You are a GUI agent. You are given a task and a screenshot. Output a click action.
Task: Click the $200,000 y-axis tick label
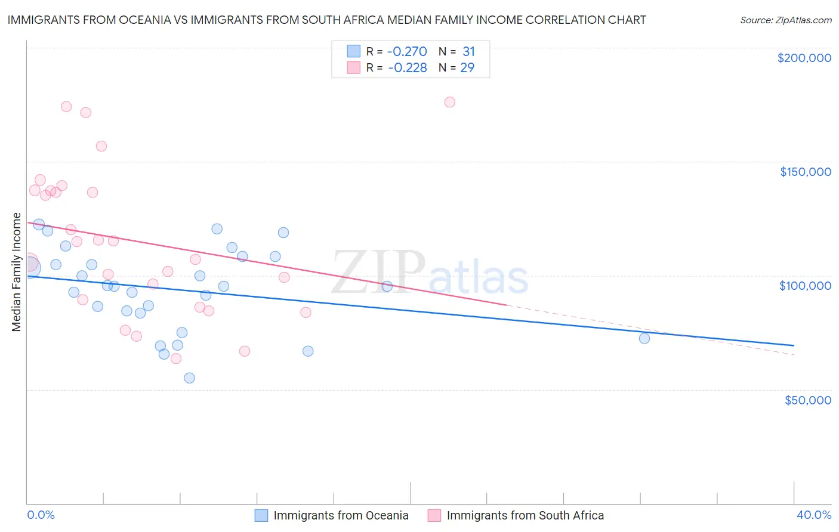click(804, 58)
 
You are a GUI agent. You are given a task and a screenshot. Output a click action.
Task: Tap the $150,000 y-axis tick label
click(805, 172)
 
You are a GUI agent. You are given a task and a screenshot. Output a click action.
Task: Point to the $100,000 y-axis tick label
click(805, 286)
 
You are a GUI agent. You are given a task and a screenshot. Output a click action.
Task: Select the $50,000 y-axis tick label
click(807, 400)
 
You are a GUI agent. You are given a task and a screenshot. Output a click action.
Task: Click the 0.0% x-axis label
click(41, 515)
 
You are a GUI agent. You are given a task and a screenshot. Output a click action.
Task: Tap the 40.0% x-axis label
click(813, 515)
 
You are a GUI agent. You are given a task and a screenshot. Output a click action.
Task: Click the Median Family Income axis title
click(17, 272)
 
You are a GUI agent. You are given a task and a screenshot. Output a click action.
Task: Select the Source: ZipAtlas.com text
click(785, 20)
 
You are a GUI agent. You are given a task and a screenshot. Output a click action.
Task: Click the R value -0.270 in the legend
click(408, 52)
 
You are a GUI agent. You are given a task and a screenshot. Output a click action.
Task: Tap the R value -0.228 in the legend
click(408, 68)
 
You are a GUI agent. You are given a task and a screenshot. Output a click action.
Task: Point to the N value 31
click(468, 52)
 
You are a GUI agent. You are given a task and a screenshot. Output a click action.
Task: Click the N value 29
click(467, 68)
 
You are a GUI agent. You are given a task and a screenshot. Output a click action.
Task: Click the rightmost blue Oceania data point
click(644, 338)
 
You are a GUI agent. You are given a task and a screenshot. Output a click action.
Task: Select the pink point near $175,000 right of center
click(450, 102)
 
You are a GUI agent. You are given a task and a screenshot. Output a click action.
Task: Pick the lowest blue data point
click(189, 378)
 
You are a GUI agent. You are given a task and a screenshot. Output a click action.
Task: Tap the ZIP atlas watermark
click(430, 273)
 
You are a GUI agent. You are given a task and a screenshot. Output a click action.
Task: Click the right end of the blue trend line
click(794, 345)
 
